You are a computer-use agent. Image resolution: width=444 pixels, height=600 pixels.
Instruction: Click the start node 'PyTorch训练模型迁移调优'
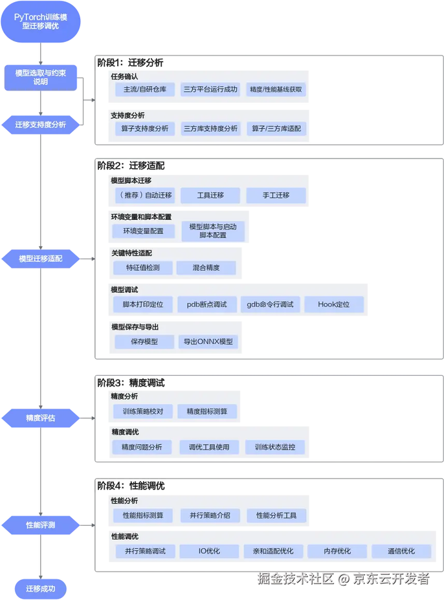[41, 21]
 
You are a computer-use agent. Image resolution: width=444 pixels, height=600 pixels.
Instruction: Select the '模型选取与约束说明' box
[41, 78]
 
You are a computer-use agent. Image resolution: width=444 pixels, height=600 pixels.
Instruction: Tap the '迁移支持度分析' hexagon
[41, 125]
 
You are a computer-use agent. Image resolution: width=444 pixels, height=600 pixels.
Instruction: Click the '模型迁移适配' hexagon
[41, 259]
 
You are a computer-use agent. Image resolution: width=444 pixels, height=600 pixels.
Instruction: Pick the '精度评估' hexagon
[41, 418]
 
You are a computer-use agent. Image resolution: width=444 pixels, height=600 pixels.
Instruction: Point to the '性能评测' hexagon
[41, 525]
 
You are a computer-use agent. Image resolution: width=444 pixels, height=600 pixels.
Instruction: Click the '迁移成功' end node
[41, 588]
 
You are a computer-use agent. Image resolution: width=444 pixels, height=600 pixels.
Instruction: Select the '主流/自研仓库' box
[145, 89]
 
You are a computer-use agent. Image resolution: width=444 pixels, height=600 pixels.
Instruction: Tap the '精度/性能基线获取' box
[276, 89]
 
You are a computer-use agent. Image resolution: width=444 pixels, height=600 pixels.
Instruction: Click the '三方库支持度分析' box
[210, 129]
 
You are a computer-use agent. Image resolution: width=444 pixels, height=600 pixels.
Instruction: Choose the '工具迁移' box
[210, 195]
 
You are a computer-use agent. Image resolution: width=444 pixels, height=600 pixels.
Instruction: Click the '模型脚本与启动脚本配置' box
[213, 231]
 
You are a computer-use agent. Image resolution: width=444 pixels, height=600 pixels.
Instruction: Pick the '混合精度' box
[206, 268]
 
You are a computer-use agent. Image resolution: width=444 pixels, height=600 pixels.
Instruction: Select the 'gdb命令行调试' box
[270, 305]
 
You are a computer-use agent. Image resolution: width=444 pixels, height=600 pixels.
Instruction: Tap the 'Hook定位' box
[334, 305]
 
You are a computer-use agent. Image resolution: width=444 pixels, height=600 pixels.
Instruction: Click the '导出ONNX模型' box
[208, 342]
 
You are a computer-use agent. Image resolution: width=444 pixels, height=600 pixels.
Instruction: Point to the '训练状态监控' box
[275, 447]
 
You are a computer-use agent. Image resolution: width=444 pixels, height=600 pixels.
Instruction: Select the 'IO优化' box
[209, 552]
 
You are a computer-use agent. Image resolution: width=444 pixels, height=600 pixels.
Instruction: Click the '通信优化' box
[401, 552]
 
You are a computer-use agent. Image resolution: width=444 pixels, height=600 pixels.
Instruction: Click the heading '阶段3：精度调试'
[131, 383]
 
